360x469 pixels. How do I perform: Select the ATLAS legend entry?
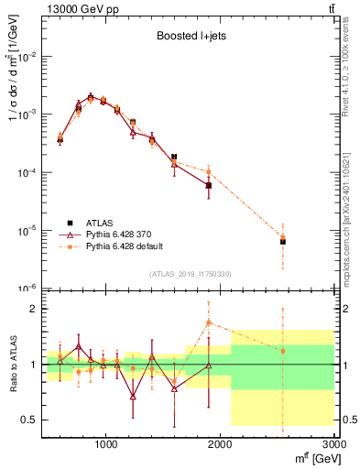coord(101,223)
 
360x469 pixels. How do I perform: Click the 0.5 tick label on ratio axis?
coord(27,420)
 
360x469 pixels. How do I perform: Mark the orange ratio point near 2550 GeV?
coord(283,351)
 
